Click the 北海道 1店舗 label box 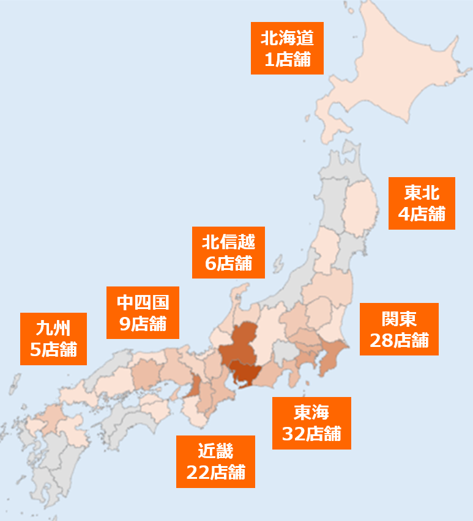pyautogui.click(x=287, y=48)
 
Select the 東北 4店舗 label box pyautogui.click(x=422, y=203)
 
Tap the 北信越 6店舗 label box pyautogui.click(x=228, y=252)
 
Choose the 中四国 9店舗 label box pyautogui.click(x=143, y=312)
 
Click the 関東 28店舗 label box pyautogui.click(x=399, y=329)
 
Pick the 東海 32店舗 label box pyautogui.click(x=311, y=423)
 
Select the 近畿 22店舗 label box pyautogui.click(x=215, y=461)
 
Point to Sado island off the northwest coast pyautogui.click(x=277, y=264)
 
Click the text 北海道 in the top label pyautogui.click(x=287, y=38)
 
